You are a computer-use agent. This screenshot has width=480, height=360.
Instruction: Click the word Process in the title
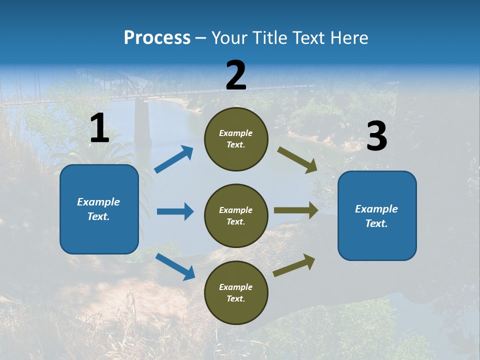click(x=157, y=37)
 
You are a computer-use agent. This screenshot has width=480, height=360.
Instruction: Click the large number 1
click(x=100, y=127)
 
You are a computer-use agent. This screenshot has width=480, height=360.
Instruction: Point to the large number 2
click(x=236, y=75)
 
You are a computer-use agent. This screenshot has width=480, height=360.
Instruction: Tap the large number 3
click(x=377, y=135)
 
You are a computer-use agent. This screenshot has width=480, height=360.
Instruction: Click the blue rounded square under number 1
click(x=99, y=209)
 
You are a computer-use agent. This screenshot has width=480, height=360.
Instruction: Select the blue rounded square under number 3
click(x=377, y=216)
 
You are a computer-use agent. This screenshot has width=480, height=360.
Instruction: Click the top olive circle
click(x=236, y=139)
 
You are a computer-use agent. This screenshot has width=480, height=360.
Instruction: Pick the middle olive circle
click(x=236, y=216)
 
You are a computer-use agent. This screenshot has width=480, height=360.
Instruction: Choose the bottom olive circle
click(x=236, y=292)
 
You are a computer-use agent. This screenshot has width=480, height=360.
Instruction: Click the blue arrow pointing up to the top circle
click(x=174, y=159)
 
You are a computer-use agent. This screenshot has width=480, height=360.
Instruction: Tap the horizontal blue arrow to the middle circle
click(x=175, y=211)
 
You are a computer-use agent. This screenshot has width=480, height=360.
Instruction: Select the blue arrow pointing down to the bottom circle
click(x=175, y=266)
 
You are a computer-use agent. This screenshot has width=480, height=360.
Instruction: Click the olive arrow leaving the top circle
click(x=297, y=160)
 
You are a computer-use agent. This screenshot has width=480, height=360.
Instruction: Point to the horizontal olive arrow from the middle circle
click(x=296, y=210)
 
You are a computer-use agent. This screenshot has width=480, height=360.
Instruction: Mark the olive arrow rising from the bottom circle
click(x=294, y=265)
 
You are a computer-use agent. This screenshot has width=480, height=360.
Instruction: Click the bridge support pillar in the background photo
click(x=142, y=121)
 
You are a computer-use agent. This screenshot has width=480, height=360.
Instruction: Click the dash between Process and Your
click(x=200, y=39)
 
